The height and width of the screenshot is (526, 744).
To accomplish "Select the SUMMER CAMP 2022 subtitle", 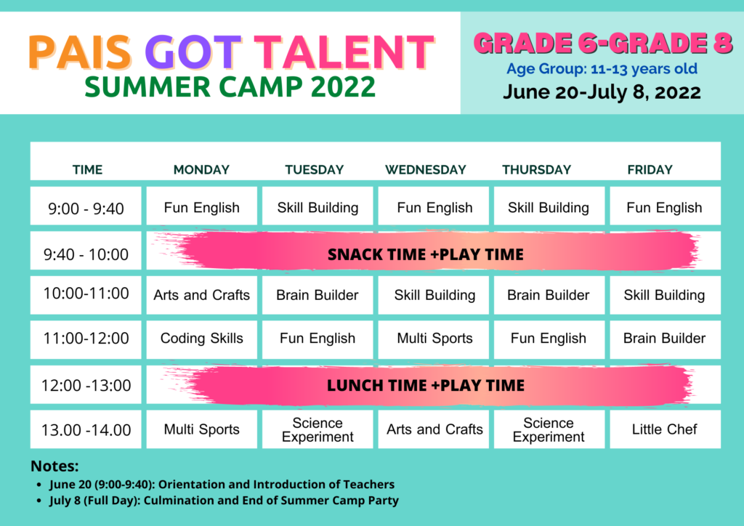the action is pyautogui.click(x=230, y=86).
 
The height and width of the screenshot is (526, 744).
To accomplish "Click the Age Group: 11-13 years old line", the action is pyautogui.click(x=602, y=69).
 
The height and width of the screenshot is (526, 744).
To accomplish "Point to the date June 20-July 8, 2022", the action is pyautogui.click(x=602, y=92).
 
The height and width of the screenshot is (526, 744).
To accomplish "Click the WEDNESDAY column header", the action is pyautogui.click(x=426, y=170).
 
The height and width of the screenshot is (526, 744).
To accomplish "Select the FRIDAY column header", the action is pyautogui.click(x=650, y=170).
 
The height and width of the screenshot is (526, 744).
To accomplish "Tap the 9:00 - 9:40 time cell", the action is pyautogui.click(x=86, y=206).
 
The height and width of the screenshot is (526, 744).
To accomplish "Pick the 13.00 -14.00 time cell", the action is pyautogui.click(x=86, y=429).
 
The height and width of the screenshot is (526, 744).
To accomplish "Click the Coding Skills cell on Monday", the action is pyautogui.click(x=202, y=339).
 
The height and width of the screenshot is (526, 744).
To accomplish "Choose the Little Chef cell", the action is pyautogui.click(x=666, y=429).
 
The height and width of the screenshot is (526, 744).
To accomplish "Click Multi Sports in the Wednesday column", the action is pyautogui.click(x=434, y=339).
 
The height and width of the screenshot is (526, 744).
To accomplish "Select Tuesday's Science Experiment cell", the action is pyautogui.click(x=318, y=429).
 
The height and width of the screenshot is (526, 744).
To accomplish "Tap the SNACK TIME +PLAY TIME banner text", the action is pyautogui.click(x=426, y=255).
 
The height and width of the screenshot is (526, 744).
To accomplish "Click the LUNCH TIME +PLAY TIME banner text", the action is pyautogui.click(x=426, y=386).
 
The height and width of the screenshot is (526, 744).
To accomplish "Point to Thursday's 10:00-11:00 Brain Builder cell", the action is pyautogui.click(x=549, y=295).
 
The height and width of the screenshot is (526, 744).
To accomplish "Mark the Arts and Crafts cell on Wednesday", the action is pyautogui.click(x=434, y=429).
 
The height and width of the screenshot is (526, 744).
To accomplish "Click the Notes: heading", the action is pyautogui.click(x=54, y=466).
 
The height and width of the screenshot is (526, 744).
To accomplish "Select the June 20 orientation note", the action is pyautogui.click(x=222, y=485).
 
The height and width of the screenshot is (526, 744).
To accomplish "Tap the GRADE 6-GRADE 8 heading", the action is pyautogui.click(x=602, y=43).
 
